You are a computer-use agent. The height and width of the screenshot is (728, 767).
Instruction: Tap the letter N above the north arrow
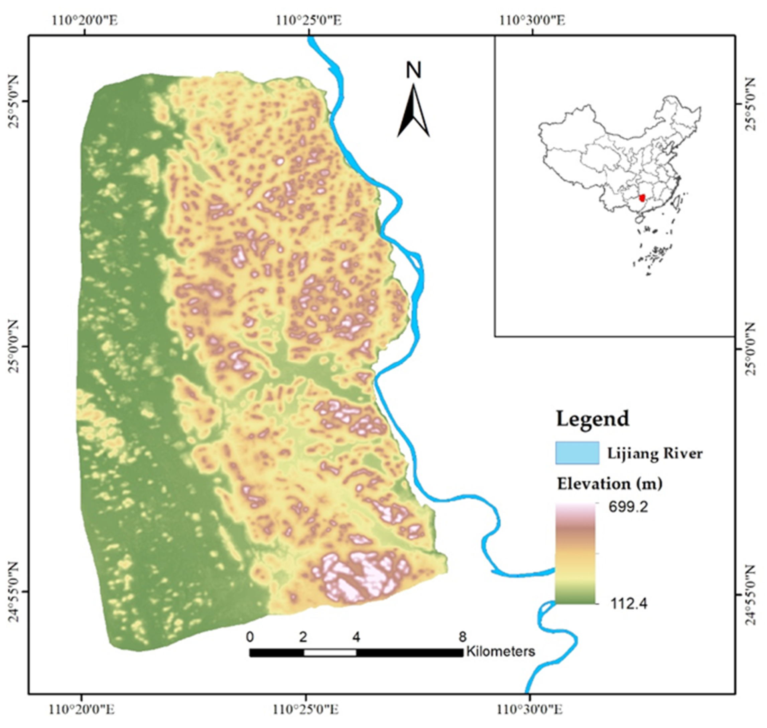[x=414, y=70]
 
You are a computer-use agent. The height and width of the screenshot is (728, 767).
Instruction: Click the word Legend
[x=592, y=419]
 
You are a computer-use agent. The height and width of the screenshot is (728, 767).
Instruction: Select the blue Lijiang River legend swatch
[x=577, y=452]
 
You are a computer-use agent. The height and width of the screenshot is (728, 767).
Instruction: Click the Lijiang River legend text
[x=655, y=453]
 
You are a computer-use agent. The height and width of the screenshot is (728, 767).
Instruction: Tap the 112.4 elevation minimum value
[x=628, y=604]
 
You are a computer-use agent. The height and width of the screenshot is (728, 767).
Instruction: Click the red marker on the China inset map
[x=642, y=198]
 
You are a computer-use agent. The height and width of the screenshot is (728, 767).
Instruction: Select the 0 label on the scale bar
[x=250, y=637]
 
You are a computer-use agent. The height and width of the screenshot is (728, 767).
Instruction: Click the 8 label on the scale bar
[x=462, y=637]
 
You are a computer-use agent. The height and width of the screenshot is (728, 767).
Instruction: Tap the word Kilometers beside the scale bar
[x=501, y=651]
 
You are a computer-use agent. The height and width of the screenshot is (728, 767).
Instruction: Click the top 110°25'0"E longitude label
[x=309, y=20]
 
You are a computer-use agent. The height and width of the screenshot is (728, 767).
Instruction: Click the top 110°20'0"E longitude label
[x=85, y=20]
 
